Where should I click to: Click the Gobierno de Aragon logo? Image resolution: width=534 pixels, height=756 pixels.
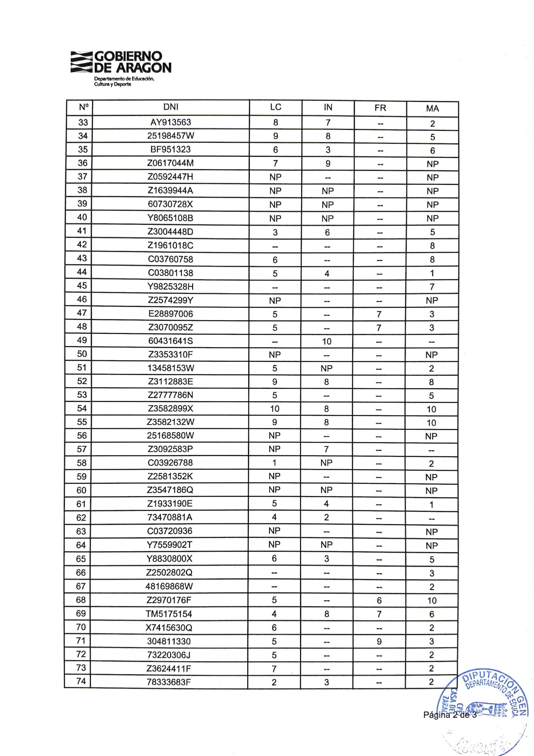pos(120,68)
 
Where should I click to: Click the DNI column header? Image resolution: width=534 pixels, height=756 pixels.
pos(171,107)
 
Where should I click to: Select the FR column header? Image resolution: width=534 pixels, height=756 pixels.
pos(380,108)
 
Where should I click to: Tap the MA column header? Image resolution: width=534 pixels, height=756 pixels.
pos(432,108)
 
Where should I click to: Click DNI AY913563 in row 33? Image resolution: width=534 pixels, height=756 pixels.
pos(171,122)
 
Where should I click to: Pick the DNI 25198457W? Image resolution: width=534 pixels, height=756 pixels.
pos(171,136)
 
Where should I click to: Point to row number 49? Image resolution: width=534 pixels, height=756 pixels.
pos(82,340)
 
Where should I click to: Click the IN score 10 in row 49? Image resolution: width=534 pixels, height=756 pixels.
pos(327,341)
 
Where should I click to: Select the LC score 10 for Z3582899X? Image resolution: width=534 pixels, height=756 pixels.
pos(275,409)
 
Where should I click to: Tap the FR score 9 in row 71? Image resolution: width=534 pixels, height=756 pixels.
pos(379,641)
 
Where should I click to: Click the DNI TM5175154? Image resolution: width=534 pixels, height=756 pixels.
pos(169,614)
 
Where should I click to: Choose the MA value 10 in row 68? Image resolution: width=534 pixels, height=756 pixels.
pos(432,601)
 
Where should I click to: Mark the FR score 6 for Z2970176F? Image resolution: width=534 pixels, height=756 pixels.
pos(379,601)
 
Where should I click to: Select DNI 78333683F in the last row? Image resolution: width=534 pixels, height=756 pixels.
pos(169,682)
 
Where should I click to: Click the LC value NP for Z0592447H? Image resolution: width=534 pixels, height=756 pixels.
pos(275,177)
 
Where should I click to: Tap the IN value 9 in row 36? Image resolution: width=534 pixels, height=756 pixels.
pos(328,163)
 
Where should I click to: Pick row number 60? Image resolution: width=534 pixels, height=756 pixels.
pos(81,490)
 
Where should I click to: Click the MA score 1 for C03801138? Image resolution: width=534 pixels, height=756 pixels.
pos(432,273)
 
